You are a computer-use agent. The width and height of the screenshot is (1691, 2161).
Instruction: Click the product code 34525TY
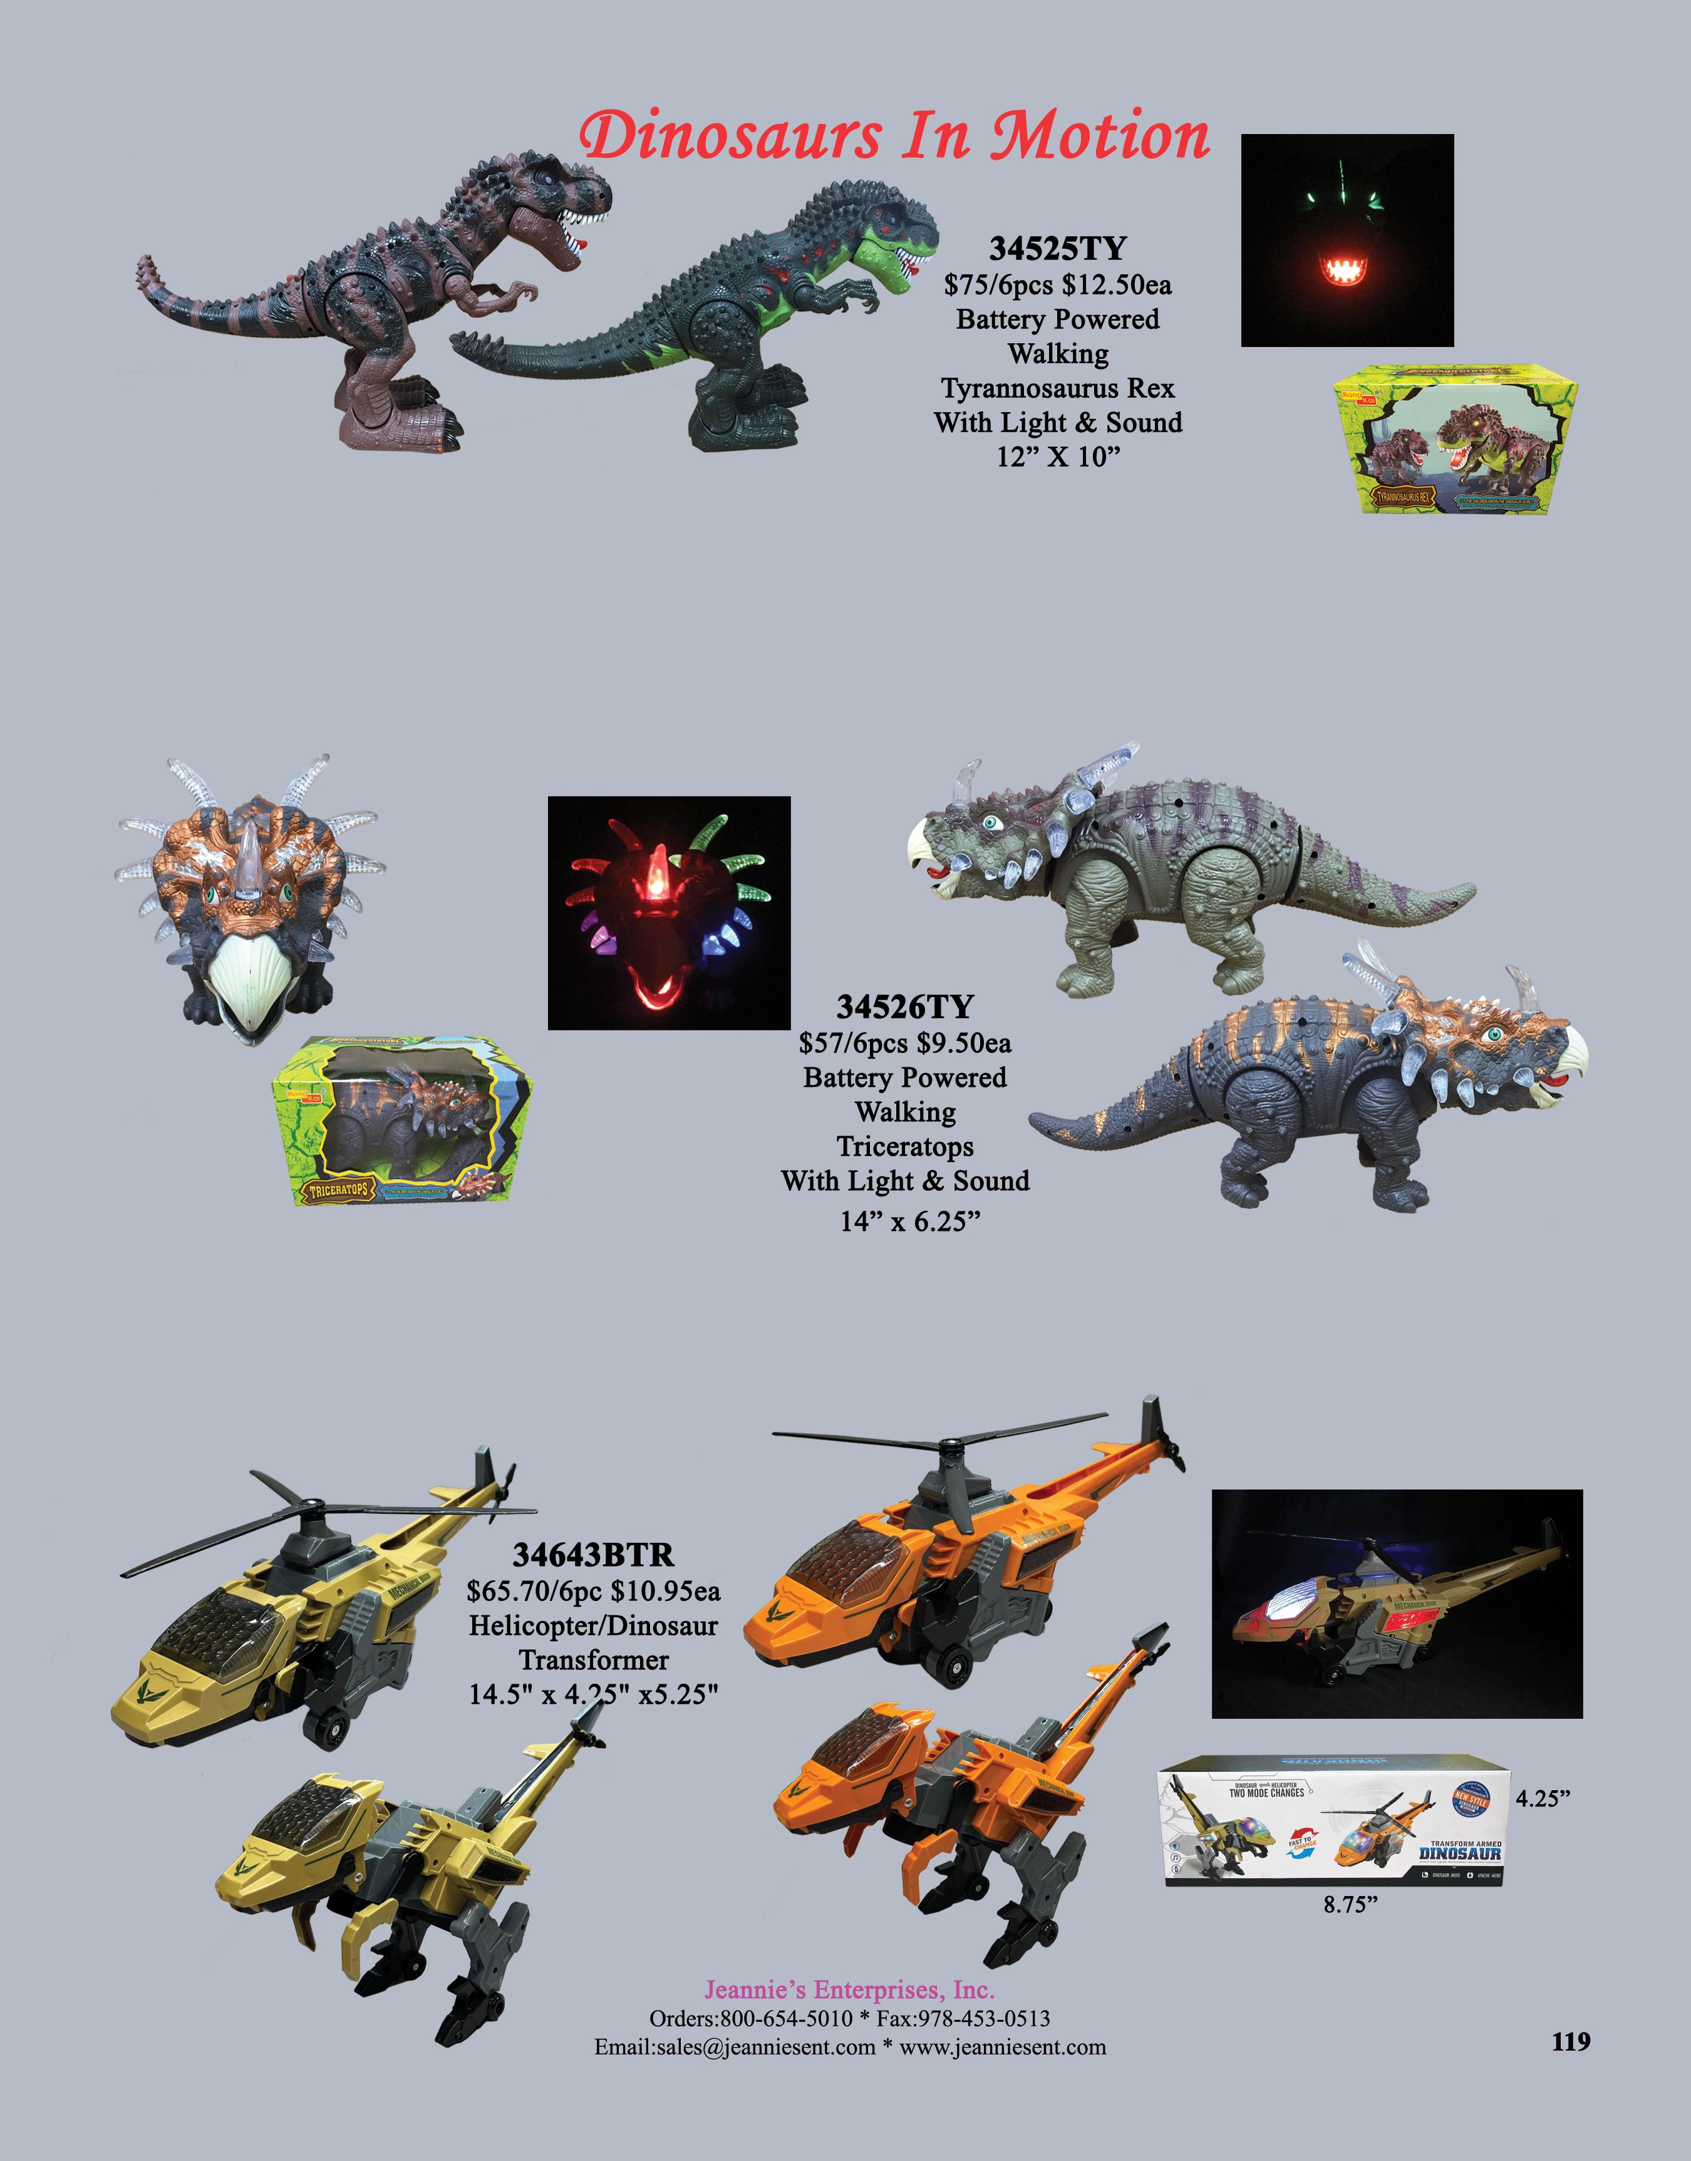coord(1057,249)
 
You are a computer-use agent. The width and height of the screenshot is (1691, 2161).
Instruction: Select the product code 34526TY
coord(905,1007)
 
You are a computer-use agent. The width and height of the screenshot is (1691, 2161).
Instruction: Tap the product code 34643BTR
coord(593,1554)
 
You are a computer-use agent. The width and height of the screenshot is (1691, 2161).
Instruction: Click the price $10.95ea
coord(665,1592)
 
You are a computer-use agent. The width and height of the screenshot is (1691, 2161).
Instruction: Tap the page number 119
coord(1570,2041)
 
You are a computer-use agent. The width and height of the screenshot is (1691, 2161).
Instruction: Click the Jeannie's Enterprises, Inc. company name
coord(849,1990)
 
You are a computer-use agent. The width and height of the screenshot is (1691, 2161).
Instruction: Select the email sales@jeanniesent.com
coord(735,2047)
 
